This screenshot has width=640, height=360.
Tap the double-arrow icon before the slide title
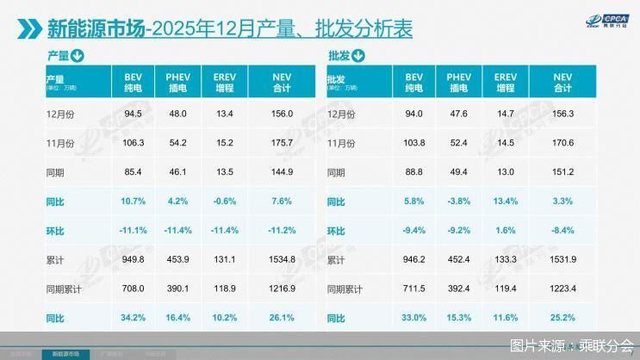coord(28,30)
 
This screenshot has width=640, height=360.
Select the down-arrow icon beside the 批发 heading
coord(358,57)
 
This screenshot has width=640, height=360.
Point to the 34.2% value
coord(132,318)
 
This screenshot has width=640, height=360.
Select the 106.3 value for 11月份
coord(134,142)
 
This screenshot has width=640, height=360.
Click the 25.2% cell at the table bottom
coord(562,318)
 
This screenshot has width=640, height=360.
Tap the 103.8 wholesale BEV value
coord(415,142)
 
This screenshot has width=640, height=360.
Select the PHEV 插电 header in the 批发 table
coord(460,82)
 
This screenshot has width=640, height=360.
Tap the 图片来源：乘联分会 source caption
coord(571,346)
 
